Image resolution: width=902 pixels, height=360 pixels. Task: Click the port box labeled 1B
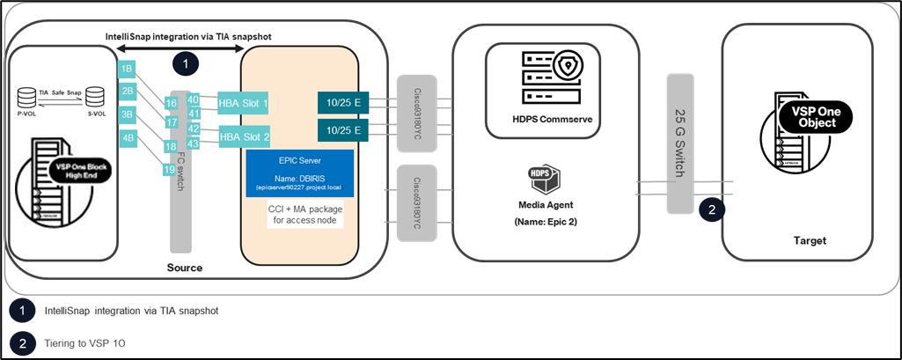(128, 68)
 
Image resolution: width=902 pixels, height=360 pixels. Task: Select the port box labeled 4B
(128, 138)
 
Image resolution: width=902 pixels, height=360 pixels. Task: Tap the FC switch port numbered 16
(171, 103)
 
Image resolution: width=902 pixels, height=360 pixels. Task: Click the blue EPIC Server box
(299, 175)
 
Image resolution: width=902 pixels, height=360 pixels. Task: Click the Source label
(185, 267)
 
